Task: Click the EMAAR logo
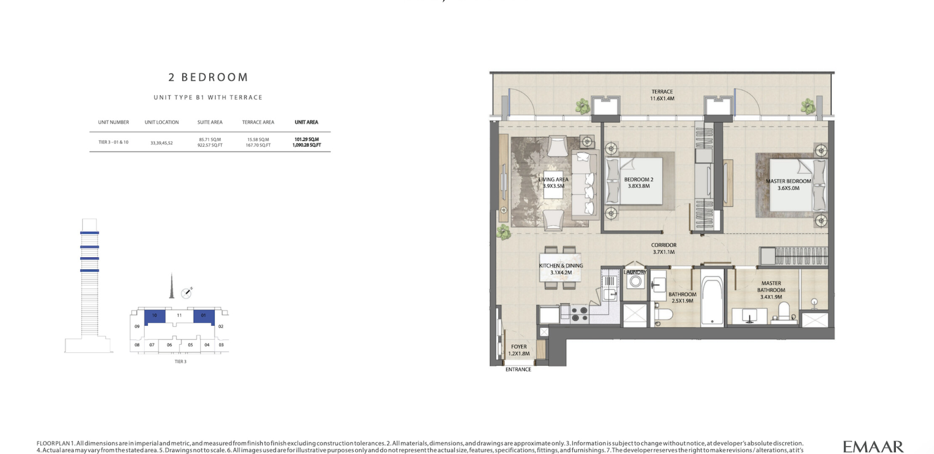pyautogui.click(x=873, y=446)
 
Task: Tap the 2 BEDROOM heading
pyautogui.click(x=208, y=77)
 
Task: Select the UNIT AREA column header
pyautogui.click(x=306, y=122)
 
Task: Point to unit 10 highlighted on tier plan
pyautogui.click(x=154, y=317)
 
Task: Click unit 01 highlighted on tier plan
pyautogui.click(x=204, y=317)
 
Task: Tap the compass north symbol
pyautogui.click(x=186, y=293)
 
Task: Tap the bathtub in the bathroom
pyautogui.click(x=712, y=298)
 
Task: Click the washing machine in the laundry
pyautogui.click(x=635, y=281)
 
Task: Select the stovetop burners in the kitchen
pyautogui.click(x=580, y=314)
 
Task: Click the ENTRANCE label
pyautogui.click(x=518, y=370)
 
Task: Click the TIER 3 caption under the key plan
pyautogui.click(x=180, y=362)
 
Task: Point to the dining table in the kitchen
pyautogui.click(x=561, y=268)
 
